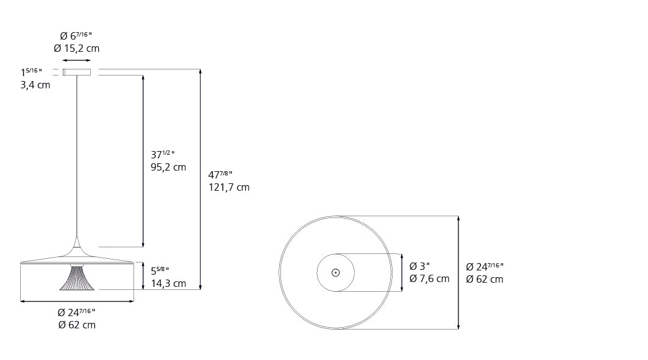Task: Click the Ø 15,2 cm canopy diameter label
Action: click(76, 49)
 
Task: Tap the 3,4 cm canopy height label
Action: click(35, 85)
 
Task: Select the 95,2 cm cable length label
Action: click(168, 167)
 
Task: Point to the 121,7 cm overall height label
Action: click(229, 188)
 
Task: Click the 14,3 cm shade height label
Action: click(168, 284)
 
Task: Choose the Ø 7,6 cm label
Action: click(430, 279)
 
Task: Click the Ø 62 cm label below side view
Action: click(77, 325)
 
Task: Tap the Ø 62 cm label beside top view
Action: click(485, 280)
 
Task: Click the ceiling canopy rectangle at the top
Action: click(77, 72)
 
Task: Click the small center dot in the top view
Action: click(335, 272)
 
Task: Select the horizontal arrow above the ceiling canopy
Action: click(77, 60)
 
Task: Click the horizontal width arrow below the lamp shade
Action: click(77, 301)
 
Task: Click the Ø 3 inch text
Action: click(420, 266)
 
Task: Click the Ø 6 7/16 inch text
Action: click(76, 36)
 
